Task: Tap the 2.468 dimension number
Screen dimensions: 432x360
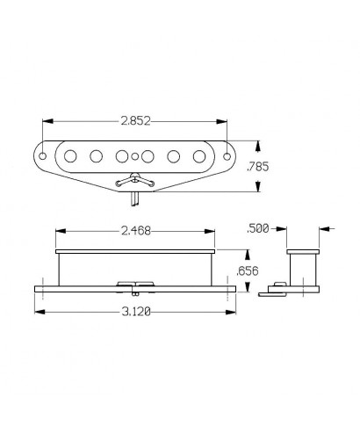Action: (134, 233)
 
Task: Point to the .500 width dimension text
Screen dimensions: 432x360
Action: (259, 228)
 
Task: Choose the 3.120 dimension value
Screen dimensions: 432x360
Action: (134, 309)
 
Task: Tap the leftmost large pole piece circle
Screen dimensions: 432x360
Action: (68, 156)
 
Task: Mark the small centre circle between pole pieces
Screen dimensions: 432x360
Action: (135, 160)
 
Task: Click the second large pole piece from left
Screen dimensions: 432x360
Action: (95, 156)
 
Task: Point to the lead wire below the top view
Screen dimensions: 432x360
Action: (135, 200)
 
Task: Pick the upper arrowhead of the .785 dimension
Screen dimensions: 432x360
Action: (257, 141)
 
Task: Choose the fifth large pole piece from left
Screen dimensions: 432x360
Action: (176, 156)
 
